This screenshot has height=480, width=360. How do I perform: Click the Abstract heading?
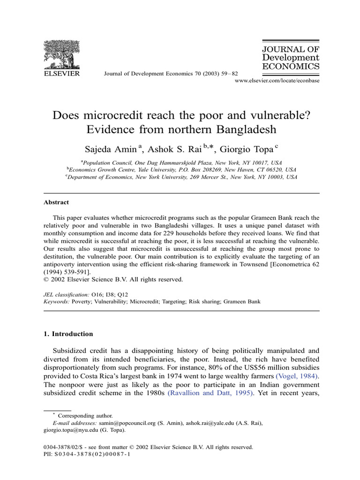56,202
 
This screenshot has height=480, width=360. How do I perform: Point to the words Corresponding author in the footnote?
85,416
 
